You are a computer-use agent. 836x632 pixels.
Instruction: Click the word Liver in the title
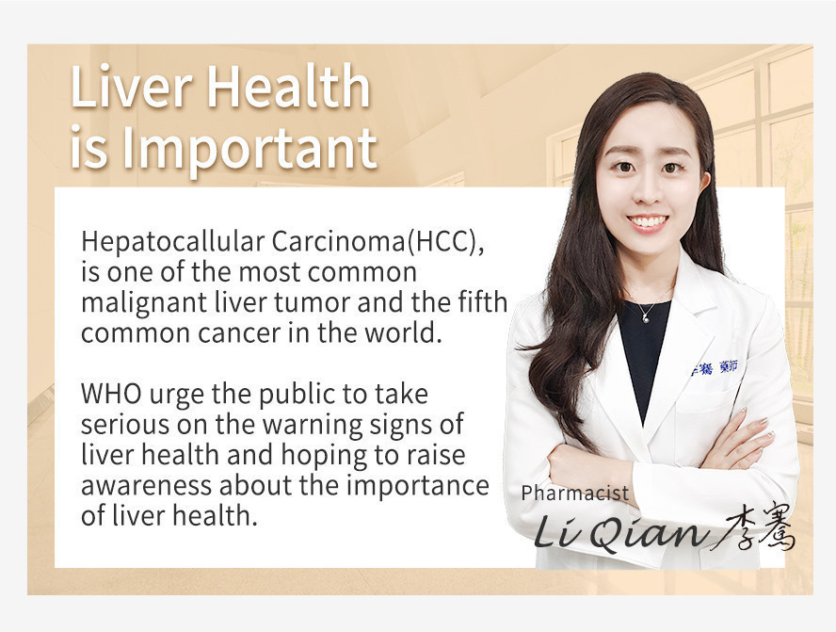click(x=131, y=86)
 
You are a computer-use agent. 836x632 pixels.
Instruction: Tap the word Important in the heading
click(x=249, y=148)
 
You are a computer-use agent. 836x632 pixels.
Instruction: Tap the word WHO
click(x=111, y=394)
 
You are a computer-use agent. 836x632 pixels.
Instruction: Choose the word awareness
click(x=146, y=486)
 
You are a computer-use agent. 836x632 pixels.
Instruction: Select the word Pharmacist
click(x=574, y=494)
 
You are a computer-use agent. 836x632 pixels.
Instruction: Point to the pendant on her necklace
click(x=646, y=319)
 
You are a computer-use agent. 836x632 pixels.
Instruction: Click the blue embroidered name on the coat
click(x=715, y=367)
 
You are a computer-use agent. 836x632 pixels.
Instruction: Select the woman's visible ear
click(x=705, y=182)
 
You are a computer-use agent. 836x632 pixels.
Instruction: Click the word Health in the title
click(x=288, y=86)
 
